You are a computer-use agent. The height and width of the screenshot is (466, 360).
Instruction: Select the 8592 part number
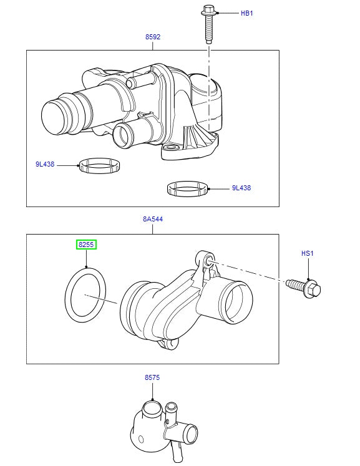153,37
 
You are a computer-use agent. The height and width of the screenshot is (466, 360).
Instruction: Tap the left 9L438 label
45,165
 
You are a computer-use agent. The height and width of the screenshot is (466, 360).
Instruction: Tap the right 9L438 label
241,188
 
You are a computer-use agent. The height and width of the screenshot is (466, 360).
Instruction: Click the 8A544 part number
153,220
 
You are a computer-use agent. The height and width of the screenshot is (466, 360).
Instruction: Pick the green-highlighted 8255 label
86,245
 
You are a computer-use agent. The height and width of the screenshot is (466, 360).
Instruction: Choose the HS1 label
308,253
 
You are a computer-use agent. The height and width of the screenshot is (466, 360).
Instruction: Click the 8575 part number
153,378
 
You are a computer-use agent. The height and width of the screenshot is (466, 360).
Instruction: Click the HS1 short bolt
304,287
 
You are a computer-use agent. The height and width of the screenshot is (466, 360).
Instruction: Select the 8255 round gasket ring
85,295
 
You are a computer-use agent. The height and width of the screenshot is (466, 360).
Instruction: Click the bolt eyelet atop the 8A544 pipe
207,258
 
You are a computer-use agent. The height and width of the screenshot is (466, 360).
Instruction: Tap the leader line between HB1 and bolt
228,12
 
